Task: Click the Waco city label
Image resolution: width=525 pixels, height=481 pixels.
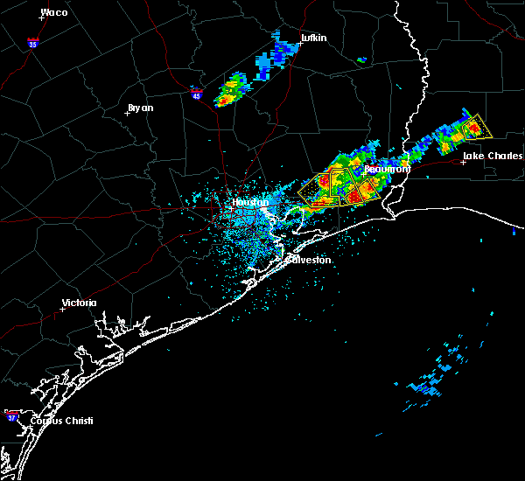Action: [x=54, y=12]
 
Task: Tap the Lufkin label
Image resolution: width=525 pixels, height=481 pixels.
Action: [x=313, y=38]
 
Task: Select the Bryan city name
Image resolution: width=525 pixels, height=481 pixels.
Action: [x=140, y=108]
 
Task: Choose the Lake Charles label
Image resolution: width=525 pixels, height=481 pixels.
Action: [x=493, y=156]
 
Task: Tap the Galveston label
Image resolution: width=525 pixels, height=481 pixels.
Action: [x=310, y=260]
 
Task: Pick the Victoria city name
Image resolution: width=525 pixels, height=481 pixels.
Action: [x=80, y=303]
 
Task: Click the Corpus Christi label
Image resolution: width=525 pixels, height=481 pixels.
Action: [x=61, y=421]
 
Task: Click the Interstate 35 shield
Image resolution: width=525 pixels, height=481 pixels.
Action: [x=32, y=42]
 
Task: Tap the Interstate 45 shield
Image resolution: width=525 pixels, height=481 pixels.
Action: [x=197, y=95]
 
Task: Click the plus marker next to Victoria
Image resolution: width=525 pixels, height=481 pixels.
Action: [x=63, y=309]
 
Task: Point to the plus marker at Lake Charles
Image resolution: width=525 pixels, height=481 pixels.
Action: [x=463, y=162]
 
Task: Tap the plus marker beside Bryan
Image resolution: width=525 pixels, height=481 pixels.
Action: [x=128, y=113]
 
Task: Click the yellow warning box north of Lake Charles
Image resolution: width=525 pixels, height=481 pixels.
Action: [x=476, y=128]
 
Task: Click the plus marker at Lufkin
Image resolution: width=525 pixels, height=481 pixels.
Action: [x=296, y=44]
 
